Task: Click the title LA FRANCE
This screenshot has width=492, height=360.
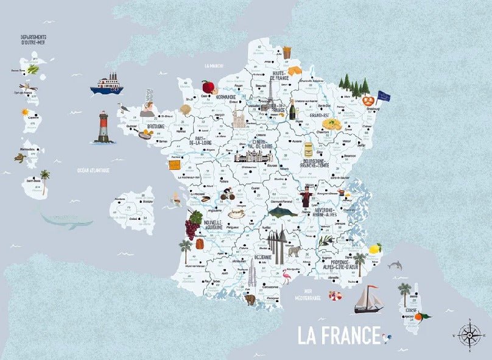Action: click(x=336, y=335)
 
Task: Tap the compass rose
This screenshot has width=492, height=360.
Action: click(x=469, y=334)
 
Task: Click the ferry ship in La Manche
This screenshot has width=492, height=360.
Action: click(x=107, y=84)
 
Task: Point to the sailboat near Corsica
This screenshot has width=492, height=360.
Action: click(x=368, y=299)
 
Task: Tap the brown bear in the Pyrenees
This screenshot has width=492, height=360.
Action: click(x=249, y=299)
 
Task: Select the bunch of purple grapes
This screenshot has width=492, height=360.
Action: click(x=193, y=224)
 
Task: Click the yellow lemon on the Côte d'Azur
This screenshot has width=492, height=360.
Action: click(x=374, y=249)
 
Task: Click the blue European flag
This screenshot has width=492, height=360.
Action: click(x=384, y=96)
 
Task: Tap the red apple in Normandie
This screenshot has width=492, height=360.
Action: click(x=208, y=86)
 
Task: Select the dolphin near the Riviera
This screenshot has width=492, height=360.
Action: click(x=395, y=265)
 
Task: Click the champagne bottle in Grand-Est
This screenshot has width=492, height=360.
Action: click(x=292, y=109)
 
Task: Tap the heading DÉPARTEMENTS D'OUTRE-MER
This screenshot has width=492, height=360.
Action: click(x=34, y=40)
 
